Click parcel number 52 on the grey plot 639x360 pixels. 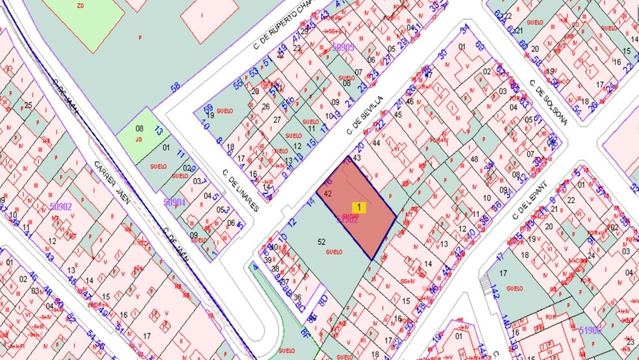(x=321, y=241)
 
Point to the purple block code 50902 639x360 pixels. (x=60, y=207)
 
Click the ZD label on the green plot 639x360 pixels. (x=81, y=6)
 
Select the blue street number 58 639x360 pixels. (x=175, y=87)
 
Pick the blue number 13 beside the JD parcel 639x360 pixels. (x=159, y=131)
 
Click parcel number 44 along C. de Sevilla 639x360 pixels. (x=375, y=143)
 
